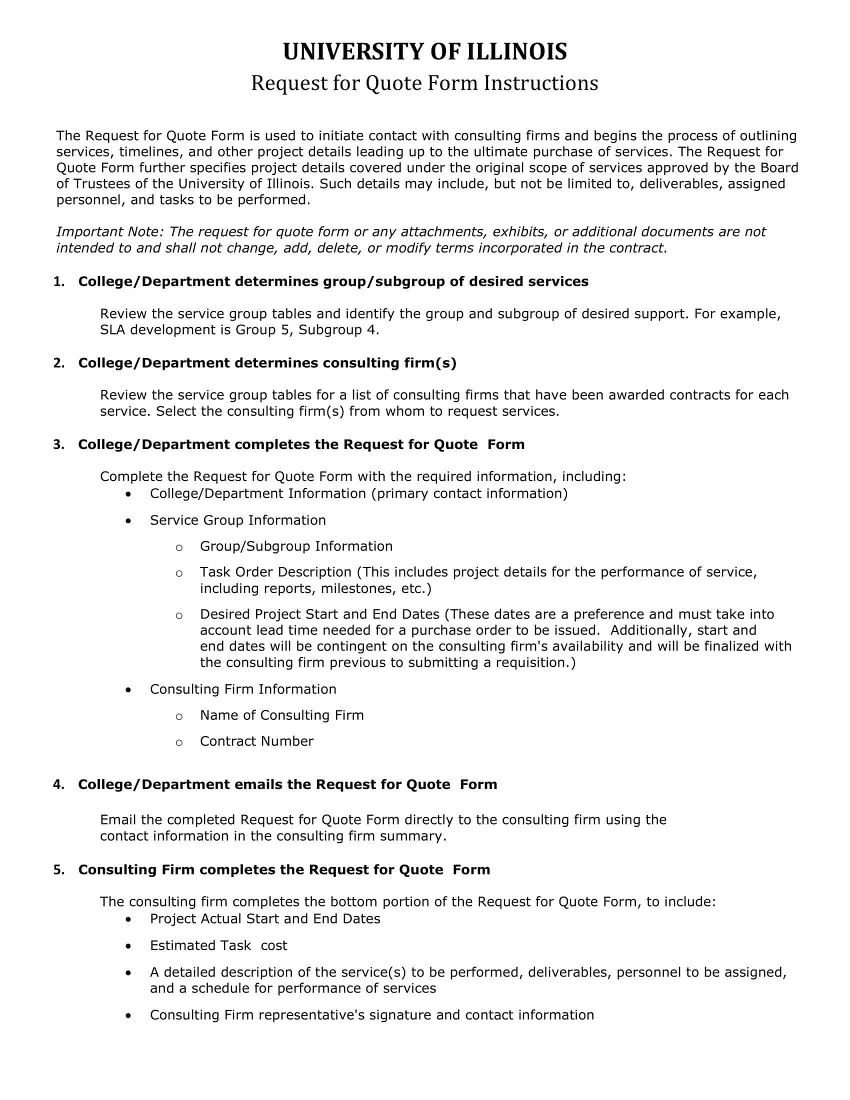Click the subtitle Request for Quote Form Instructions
[424, 83]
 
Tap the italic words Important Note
[110, 231]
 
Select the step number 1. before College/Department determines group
[59, 281]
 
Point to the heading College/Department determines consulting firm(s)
[267, 363]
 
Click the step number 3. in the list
[59, 444]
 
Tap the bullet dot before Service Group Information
[129, 521]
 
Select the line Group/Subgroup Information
[296, 546]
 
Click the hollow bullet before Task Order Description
[179, 573]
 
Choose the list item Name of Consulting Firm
[281, 715]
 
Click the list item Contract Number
[256, 741]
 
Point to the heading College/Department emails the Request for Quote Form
[287, 784]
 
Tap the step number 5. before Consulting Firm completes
[59, 870]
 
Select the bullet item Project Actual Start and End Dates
[265, 918]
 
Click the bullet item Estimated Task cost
[218, 945]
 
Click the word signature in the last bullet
[400, 1015]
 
